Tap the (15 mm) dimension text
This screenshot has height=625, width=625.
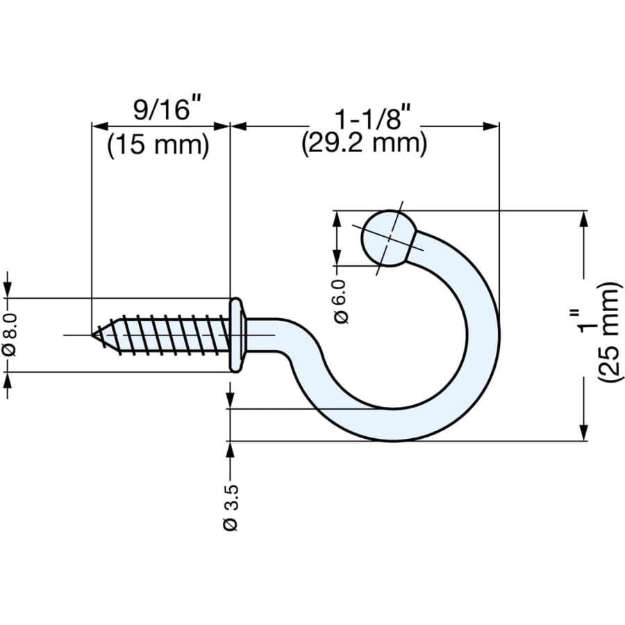(158, 145)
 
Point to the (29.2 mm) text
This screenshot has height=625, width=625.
(364, 144)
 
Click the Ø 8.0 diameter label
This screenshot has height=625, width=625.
(9, 335)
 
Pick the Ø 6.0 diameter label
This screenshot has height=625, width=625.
(340, 301)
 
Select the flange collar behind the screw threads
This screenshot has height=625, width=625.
(237, 335)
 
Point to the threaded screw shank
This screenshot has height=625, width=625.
(167, 335)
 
